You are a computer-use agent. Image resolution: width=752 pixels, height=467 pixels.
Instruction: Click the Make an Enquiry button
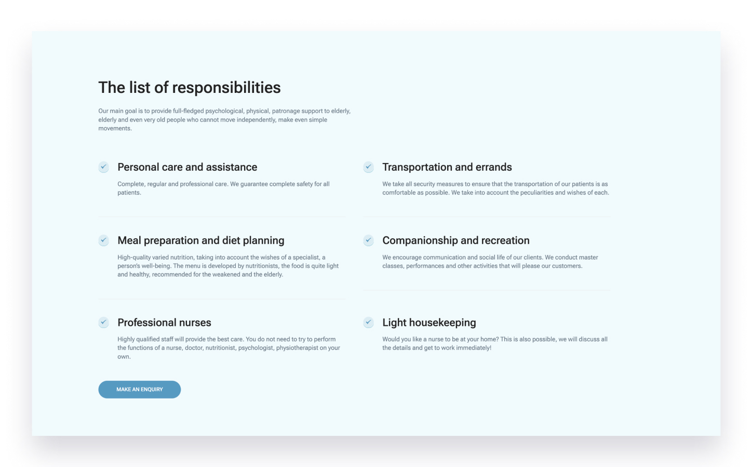[139, 389]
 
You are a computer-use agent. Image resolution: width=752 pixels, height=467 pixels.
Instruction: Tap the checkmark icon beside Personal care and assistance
[104, 167]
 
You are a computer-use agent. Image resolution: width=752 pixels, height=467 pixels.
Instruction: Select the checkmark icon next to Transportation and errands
[368, 167]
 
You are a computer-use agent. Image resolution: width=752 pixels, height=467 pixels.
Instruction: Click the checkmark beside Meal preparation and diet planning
[104, 240]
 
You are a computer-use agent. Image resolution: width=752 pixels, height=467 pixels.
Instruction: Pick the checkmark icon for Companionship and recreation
[368, 240]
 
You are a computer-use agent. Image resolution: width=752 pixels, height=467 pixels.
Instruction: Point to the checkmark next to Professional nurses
[104, 322]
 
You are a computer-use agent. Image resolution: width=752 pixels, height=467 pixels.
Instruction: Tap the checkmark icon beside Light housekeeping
[368, 322]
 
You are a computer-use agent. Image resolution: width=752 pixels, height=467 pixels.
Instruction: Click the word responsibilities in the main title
[226, 88]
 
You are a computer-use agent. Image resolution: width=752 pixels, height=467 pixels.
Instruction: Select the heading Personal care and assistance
[187, 167]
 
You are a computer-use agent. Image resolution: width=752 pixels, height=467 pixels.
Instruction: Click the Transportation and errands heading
[447, 167]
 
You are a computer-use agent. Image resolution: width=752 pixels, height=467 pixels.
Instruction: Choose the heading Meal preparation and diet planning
[201, 241]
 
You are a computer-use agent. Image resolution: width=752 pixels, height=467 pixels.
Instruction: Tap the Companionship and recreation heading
[456, 241]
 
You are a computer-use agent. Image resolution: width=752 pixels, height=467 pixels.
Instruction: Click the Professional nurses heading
[164, 322]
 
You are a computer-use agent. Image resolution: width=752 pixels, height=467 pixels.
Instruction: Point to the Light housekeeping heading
[429, 323]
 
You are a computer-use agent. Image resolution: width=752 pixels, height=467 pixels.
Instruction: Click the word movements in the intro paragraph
[115, 129]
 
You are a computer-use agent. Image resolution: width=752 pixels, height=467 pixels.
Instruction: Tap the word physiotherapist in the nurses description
[297, 348]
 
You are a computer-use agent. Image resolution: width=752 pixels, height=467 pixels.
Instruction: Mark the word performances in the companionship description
[425, 266]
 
